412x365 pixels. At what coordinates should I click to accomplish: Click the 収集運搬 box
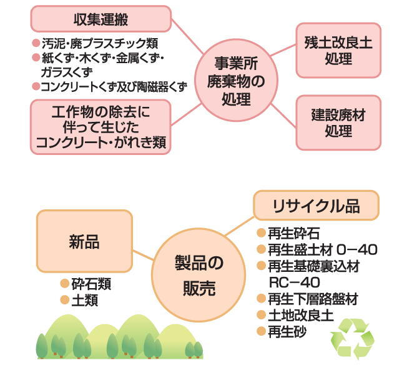(x=101, y=19)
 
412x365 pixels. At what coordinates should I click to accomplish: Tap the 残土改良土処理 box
(x=338, y=51)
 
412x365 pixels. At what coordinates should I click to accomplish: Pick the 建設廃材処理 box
(x=338, y=123)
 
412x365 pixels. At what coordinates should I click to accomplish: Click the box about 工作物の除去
(x=101, y=127)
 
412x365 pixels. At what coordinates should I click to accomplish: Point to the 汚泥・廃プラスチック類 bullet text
(x=99, y=44)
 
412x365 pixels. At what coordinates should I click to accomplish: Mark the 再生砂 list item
(x=287, y=331)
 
